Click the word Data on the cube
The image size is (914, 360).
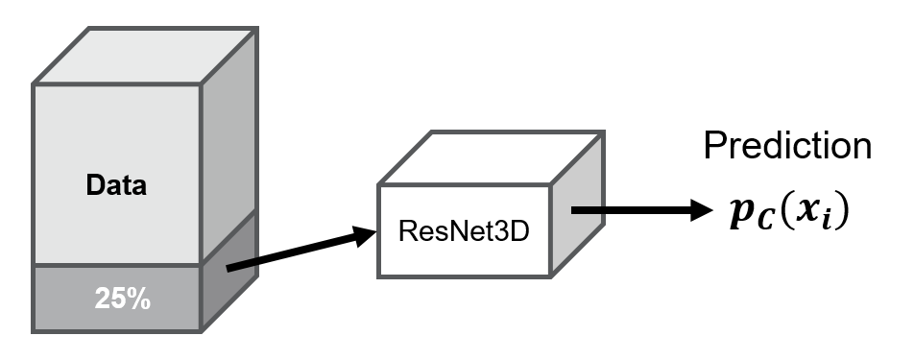(x=118, y=185)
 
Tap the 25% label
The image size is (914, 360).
(x=122, y=299)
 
